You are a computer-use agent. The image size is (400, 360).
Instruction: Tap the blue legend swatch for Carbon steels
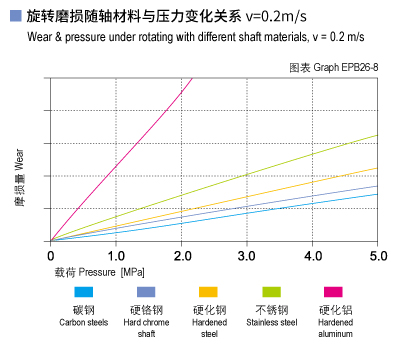tap(84, 291)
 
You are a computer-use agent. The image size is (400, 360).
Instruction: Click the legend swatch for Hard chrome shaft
tap(146, 291)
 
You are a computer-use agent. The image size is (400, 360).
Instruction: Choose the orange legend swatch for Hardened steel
tap(208, 291)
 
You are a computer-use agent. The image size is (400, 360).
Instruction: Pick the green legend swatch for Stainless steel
tap(271, 291)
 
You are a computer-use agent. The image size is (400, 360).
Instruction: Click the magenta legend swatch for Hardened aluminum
tap(334, 291)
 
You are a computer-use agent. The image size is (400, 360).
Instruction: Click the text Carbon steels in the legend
tap(84, 323)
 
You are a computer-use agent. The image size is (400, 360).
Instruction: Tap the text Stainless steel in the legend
tap(271, 323)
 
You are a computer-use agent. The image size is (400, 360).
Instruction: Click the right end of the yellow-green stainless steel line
tap(376, 135)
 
